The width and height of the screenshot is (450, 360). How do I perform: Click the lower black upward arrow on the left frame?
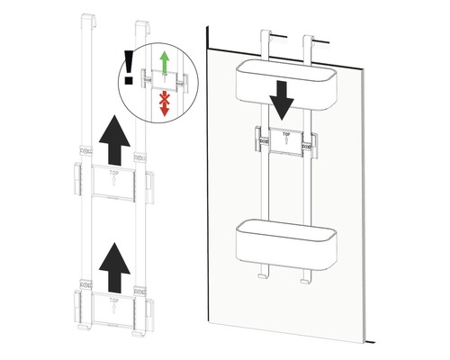(110, 261)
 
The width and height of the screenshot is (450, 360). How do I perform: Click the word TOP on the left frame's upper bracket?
(112, 169)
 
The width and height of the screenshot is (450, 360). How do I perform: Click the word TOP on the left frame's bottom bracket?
(112, 294)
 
